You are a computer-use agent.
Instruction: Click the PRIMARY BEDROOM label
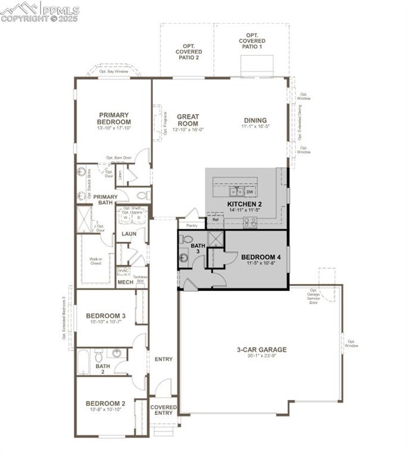click(114, 118)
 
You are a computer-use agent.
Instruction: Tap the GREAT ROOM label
click(188, 120)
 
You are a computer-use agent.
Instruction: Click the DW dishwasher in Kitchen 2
click(250, 192)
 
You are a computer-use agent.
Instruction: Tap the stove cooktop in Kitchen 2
click(250, 222)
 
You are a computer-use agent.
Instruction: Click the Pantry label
click(192, 226)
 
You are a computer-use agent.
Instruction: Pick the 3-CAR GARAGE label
click(261, 350)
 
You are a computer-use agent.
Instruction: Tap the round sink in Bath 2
click(117, 353)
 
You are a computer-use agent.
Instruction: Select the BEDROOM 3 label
click(105, 315)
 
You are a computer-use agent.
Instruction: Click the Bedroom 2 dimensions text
click(105, 410)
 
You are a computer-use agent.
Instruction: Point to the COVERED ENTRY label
click(163, 411)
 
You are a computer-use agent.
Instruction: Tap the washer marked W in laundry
click(126, 218)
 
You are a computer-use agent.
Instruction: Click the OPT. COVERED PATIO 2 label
click(188, 52)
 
